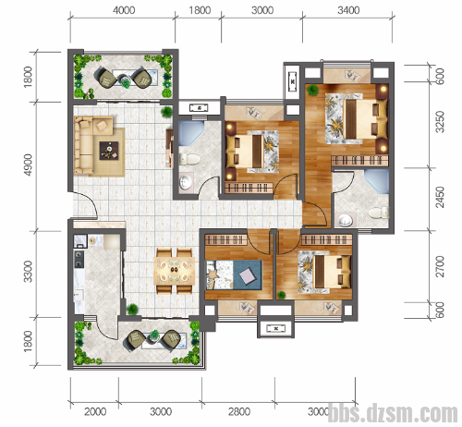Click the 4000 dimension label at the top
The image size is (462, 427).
tap(124, 10)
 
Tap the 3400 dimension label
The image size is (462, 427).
tap(348, 10)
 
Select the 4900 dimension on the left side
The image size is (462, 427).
tap(28, 165)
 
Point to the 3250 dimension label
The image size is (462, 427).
tap(440, 122)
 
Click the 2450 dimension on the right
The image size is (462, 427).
tap(440, 197)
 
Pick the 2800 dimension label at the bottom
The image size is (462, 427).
tap(239, 411)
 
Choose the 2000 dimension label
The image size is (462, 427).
tap(95, 411)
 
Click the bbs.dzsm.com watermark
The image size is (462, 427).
tap(393, 413)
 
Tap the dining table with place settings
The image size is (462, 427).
tap(175, 271)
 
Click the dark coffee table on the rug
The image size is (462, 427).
tap(109, 151)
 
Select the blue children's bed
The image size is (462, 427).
tap(234, 274)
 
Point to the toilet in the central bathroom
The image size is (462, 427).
tap(189, 159)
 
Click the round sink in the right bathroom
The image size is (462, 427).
tap(346, 221)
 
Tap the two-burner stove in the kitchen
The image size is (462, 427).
tap(79, 259)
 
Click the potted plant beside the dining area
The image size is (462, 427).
tap(132, 309)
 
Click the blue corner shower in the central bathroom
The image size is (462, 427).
tap(191, 133)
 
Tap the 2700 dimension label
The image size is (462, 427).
tap(440, 266)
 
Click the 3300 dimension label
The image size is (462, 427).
tap(28, 272)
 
